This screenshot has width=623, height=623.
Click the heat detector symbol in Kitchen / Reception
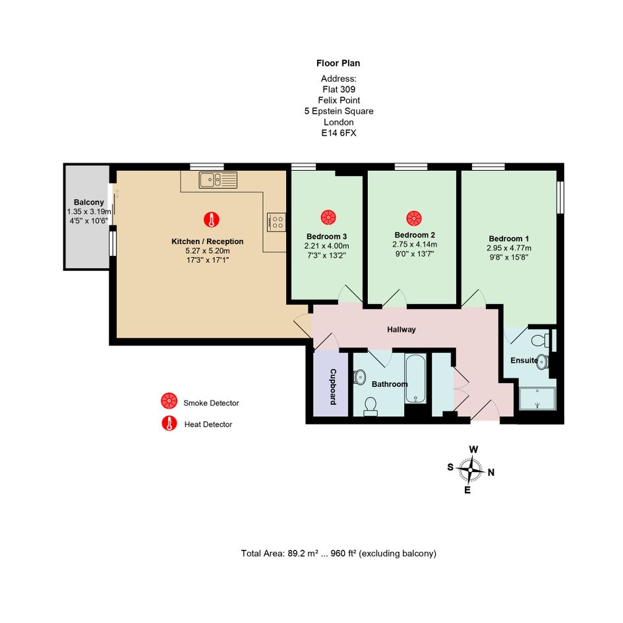pyautogui.click(x=212, y=220)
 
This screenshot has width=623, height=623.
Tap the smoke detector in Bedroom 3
pyautogui.click(x=328, y=218)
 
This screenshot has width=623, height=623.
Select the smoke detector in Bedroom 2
pyautogui.click(x=414, y=218)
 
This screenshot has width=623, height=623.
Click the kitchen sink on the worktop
pyautogui.click(x=218, y=180)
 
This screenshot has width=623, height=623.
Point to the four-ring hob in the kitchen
pyautogui.click(x=276, y=222)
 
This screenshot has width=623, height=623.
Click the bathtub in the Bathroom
pyautogui.click(x=416, y=378)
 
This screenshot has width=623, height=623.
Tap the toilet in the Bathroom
pyautogui.click(x=371, y=407)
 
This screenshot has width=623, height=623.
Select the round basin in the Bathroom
pyautogui.click(x=359, y=377)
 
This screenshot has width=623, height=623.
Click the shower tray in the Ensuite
pyautogui.click(x=537, y=398)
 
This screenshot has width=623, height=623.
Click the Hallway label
pyautogui.click(x=401, y=330)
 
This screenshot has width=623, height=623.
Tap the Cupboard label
pyautogui.click(x=333, y=387)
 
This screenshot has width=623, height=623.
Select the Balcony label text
pyautogui.click(x=88, y=202)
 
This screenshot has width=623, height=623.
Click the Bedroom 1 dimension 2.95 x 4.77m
pyautogui.click(x=509, y=248)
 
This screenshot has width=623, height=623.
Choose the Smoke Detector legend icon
pyautogui.click(x=169, y=401)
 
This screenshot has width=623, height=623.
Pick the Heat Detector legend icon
pyautogui.click(x=169, y=423)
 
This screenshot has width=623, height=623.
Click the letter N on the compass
pyautogui.click(x=491, y=473)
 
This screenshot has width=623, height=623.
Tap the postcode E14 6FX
pyautogui.click(x=339, y=133)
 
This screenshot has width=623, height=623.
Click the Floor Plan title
pyautogui.click(x=338, y=63)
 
